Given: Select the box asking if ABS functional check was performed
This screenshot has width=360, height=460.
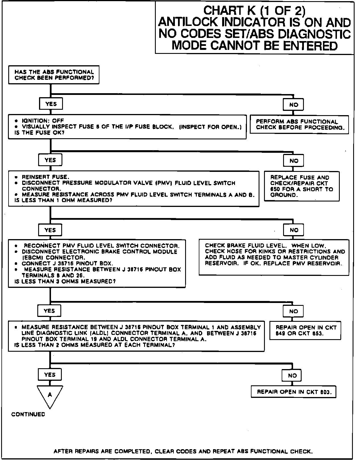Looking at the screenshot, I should click(x=54, y=75).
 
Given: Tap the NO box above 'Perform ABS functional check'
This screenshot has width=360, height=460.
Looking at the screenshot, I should click(x=293, y=105).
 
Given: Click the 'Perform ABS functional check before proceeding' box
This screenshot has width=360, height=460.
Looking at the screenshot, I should click(x=299, y=125).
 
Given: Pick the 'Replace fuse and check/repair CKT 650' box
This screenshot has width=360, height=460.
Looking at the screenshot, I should click(x=302, y=186).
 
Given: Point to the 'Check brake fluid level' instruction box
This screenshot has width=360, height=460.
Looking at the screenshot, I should click(x=274, y=257).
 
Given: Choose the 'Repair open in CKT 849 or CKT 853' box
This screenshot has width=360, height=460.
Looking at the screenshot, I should click(x=305, y=331).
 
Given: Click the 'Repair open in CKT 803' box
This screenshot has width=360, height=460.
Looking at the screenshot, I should click(x=293, y=392).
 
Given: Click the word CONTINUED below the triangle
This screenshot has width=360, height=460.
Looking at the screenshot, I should click(x=28, y=414).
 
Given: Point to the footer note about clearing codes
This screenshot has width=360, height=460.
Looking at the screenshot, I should click(x=183, y=451).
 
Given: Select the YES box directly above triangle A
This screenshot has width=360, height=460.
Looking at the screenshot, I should click(x=50, y=374).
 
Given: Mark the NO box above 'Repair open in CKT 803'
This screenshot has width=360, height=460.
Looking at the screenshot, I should click(x=292, y=376).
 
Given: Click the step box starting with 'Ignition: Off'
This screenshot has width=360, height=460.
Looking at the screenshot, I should click(x=127, y=127).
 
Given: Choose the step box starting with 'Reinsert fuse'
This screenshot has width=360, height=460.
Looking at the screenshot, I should click(x=134, y=189).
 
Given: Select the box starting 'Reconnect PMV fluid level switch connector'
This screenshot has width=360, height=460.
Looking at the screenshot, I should click(x=97, y=263).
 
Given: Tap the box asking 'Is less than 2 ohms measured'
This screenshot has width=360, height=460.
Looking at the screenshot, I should click(x=136, y=336).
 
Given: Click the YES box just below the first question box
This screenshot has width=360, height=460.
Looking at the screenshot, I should click(x=51, y=104).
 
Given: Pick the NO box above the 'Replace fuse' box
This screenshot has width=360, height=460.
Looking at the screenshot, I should click(x=293, y=161).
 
